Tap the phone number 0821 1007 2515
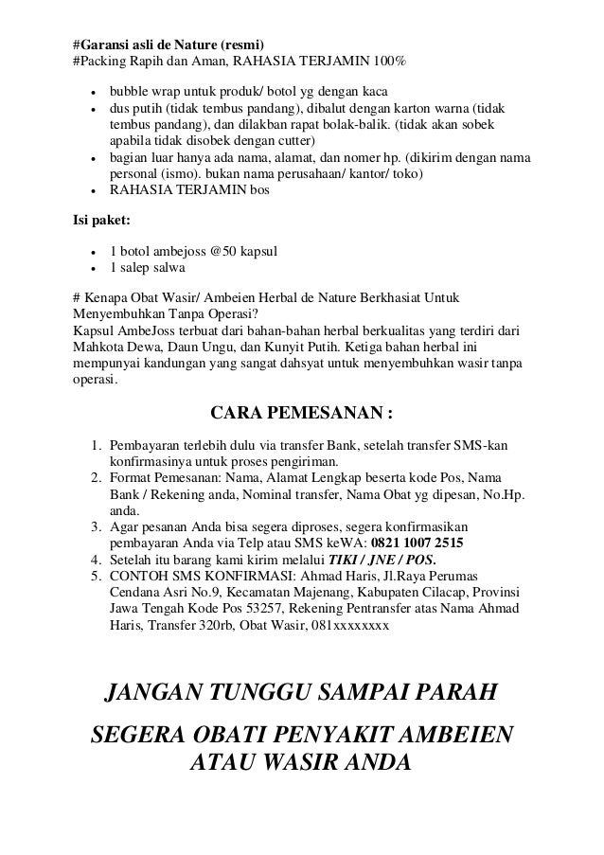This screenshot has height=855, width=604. click(417, 543)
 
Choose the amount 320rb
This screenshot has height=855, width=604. click(225, 624)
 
